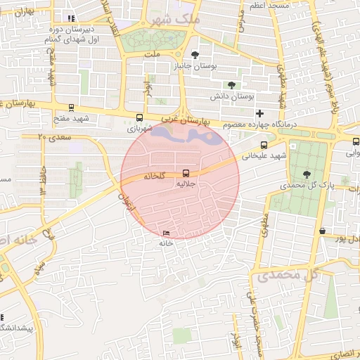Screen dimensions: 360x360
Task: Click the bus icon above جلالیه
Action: pyautogui.click(x=186, y=172)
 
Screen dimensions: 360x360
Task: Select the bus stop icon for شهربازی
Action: pyautogui.click(x=139, y=118)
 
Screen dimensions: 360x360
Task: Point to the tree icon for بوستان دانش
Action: pyautogui.click(x=231, y=84)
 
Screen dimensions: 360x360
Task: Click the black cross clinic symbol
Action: pyautogui.click(x=259, y=113)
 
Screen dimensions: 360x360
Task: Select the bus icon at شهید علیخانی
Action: pyautogui.click(x=264, y=145)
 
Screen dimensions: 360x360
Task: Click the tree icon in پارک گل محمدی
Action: pyautogui.click(x=306, y=174)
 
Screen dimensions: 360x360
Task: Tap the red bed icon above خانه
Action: pyautogui.click(x=166, y=233)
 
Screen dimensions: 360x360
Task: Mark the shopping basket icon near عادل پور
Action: pyautogui.click(x=322, y=231)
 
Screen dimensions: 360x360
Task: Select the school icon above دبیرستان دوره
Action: pyautogui.click(x=70, y=18)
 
